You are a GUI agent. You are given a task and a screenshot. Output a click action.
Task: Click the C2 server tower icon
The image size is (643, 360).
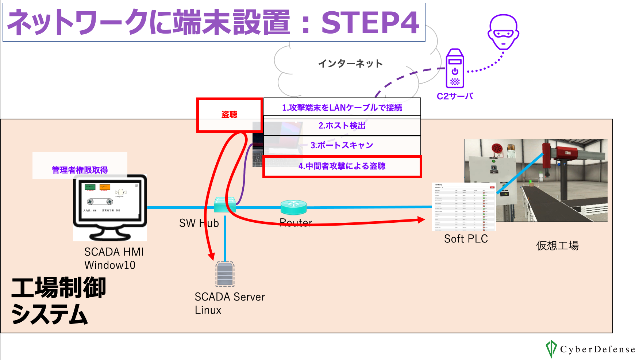(455, 69)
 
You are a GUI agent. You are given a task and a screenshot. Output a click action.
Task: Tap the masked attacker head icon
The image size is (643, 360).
(503, 32)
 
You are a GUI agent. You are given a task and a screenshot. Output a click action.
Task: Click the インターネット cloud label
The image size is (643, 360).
(350, 64)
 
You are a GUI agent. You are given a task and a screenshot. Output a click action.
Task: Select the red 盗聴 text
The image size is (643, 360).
(229, 115)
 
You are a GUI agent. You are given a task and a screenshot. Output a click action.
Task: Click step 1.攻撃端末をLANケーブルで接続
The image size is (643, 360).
(342, 108)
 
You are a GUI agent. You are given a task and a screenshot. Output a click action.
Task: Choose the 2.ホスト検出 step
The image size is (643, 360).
(342, 126)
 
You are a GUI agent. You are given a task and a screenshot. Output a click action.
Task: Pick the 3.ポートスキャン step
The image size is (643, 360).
(342, 145)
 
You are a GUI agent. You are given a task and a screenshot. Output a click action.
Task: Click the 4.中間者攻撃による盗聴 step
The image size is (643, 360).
(342, 166)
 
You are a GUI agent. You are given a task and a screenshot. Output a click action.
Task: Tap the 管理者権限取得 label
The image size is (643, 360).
(80, 170)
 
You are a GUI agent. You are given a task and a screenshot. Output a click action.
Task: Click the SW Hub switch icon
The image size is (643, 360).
(225, 204)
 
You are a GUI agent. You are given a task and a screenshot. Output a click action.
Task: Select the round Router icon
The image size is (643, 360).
(293, 207)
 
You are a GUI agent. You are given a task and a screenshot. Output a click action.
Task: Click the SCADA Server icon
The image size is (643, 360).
(225, 274)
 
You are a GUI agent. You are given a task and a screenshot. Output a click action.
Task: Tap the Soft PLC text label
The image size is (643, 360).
(466, 239)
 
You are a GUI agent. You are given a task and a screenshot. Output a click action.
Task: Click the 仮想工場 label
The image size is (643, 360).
(557, 246)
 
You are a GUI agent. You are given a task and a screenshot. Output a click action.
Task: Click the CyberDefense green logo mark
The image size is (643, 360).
(551, 349)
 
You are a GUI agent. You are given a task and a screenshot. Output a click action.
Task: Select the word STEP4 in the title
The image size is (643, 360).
(370, 23)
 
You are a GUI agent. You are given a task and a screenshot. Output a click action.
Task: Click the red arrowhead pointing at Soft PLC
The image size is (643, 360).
(421, 220)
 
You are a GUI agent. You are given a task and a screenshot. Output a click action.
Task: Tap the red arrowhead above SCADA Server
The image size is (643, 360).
(211, 256)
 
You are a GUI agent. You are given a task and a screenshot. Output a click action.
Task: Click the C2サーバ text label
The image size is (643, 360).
(455, 96)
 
